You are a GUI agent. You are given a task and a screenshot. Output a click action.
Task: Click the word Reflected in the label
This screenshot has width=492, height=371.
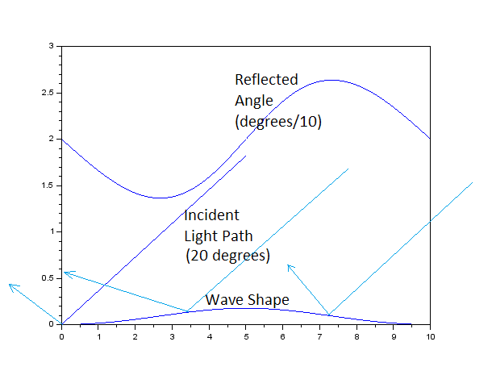(266, 80)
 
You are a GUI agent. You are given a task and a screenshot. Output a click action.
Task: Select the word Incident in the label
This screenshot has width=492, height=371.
(211, 216)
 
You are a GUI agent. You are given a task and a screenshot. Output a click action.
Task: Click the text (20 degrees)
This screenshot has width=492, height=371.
(227, 256)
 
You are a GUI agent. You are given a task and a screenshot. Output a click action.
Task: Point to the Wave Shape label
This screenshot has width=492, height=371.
(247, 300)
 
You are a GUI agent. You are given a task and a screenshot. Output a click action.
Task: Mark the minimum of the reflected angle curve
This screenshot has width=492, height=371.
(161, 198)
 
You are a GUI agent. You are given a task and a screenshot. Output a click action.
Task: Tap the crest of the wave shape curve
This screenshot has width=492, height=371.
(246, 307)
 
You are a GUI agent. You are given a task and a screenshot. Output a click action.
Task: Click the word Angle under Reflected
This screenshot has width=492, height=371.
(254, 101)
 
